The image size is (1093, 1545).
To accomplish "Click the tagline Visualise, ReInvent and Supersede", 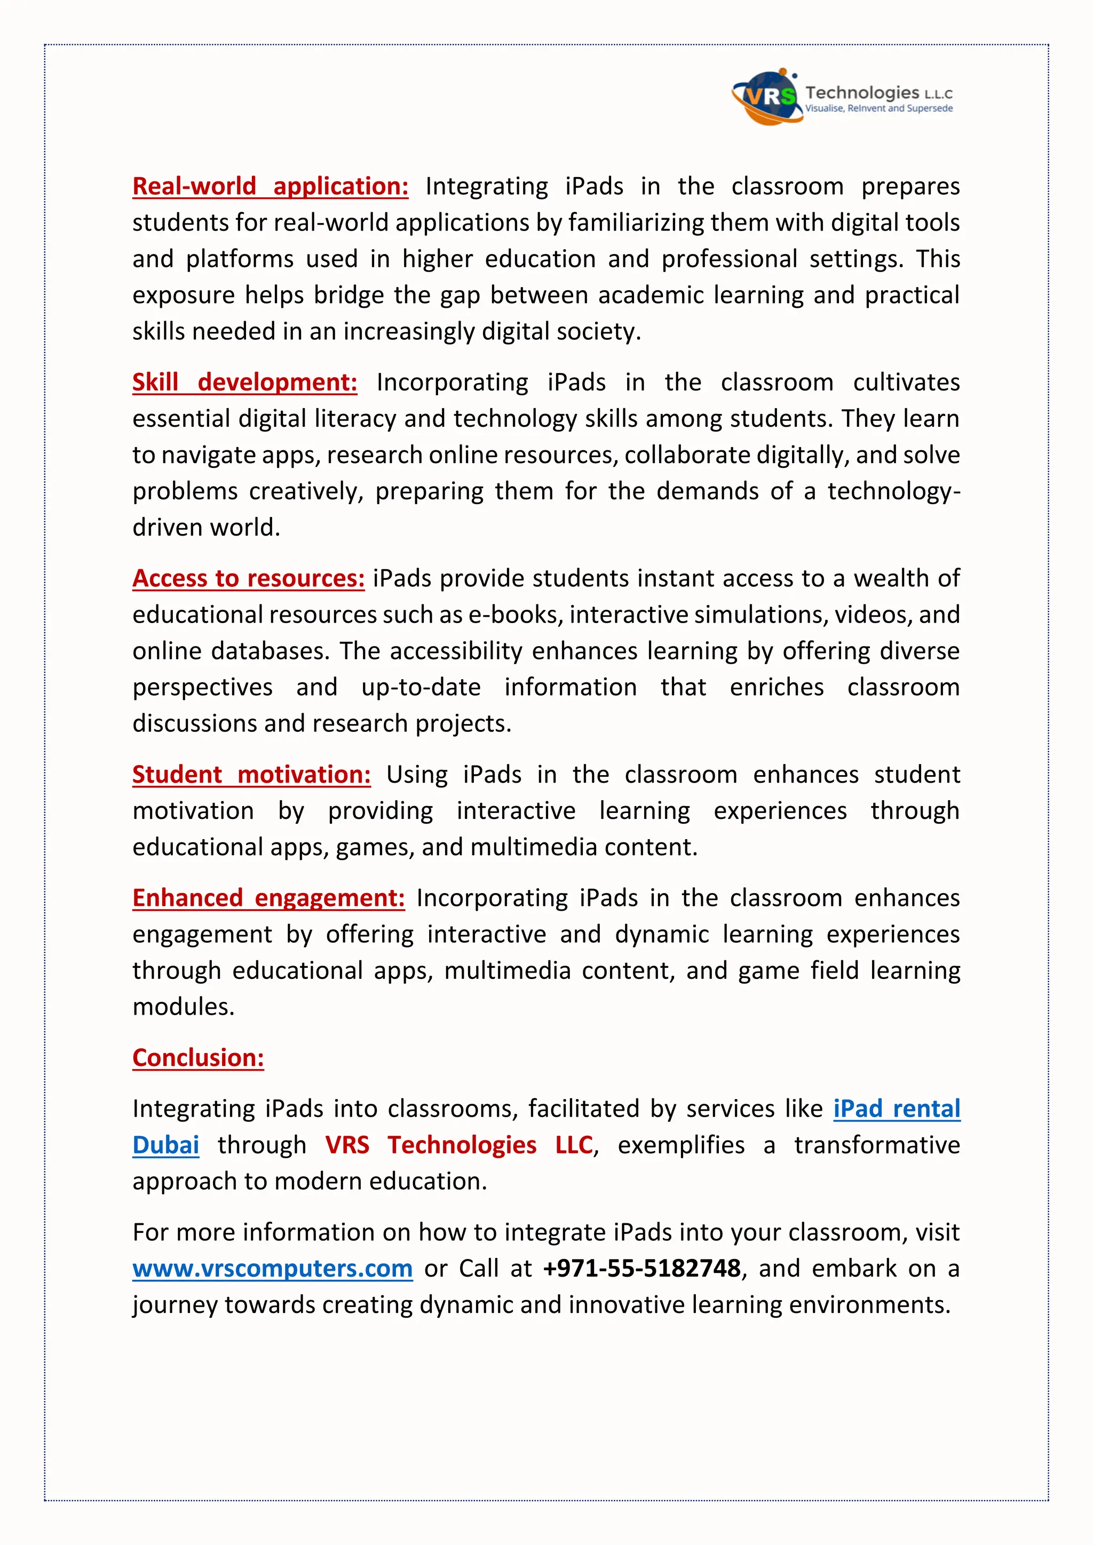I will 879,108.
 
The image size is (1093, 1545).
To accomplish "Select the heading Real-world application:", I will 270,186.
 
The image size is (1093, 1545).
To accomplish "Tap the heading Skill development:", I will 244,382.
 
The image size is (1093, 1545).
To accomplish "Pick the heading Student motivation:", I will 251,775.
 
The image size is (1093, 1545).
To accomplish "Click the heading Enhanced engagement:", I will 268,898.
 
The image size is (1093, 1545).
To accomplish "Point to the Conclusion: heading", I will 198,1058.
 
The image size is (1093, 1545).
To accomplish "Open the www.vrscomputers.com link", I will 273,1269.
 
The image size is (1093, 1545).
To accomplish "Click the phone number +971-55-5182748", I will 641,1269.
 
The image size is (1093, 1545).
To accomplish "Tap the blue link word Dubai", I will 165,1145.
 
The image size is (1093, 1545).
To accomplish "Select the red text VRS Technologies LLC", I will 459,1145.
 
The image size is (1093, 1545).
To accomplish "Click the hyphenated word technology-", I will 894,491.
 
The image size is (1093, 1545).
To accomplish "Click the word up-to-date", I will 421,688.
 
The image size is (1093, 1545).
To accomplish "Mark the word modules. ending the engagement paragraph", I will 183,1007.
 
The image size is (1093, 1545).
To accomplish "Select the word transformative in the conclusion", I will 877,1145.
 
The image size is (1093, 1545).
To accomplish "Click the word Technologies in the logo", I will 862,92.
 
